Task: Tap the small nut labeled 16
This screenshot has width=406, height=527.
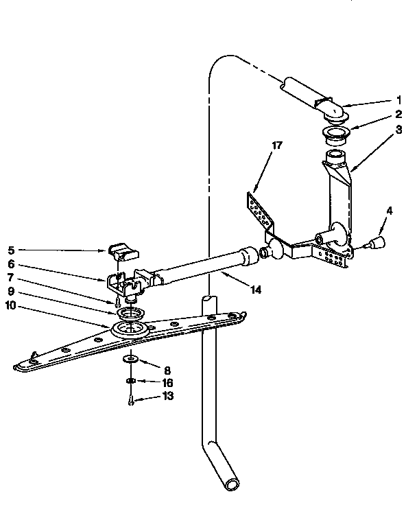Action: [x=130, y=380]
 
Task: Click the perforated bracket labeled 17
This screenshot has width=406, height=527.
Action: [x=258, y=209]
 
